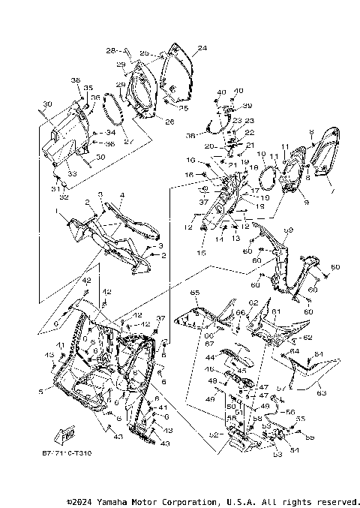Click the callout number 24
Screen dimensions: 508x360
click(x=201, y=49)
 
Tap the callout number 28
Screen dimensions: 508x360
click(x=110, y=51)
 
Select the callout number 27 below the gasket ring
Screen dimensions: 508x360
click(x=127, y=140)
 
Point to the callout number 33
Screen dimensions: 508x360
click(x=72, y=173)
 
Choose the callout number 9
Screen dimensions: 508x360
click(x=284, y=200)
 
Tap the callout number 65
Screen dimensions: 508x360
click(x=194, y=291)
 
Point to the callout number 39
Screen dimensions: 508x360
click(x=247, y=105)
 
